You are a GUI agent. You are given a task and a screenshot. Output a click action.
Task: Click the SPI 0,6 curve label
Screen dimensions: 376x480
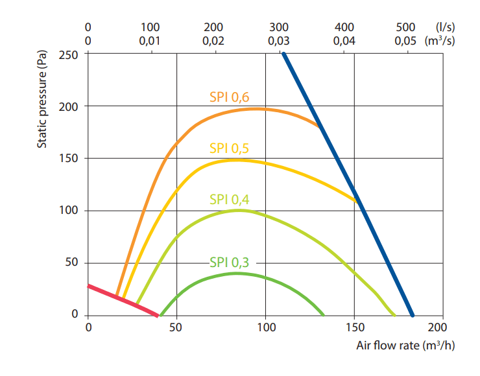(229, 97)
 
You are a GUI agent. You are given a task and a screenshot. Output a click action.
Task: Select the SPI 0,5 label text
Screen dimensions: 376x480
(229, 148)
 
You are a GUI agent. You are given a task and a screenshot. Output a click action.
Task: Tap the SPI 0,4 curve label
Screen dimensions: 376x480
(229, 199)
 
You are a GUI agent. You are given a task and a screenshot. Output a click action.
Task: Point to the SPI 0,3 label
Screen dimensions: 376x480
(229, 262)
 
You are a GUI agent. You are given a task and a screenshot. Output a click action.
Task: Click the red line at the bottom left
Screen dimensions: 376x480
(123, 300)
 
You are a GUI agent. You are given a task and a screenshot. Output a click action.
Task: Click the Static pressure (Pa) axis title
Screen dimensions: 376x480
(42, 101)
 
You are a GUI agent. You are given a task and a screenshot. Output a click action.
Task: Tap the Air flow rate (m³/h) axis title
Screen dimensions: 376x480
(405, 344)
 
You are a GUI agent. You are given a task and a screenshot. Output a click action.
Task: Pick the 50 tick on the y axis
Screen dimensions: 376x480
(72, 263)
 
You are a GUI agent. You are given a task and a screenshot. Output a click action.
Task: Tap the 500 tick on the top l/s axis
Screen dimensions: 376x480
(405, 27)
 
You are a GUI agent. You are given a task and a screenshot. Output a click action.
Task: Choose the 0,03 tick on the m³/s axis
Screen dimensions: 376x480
(278, 40)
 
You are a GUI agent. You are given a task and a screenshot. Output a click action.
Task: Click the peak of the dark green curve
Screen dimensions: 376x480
(237, 273)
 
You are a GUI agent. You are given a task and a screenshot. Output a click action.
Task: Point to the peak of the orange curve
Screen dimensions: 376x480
(258, 108)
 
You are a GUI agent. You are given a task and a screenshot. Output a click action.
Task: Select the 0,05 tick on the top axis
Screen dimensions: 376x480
(405, 40)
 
